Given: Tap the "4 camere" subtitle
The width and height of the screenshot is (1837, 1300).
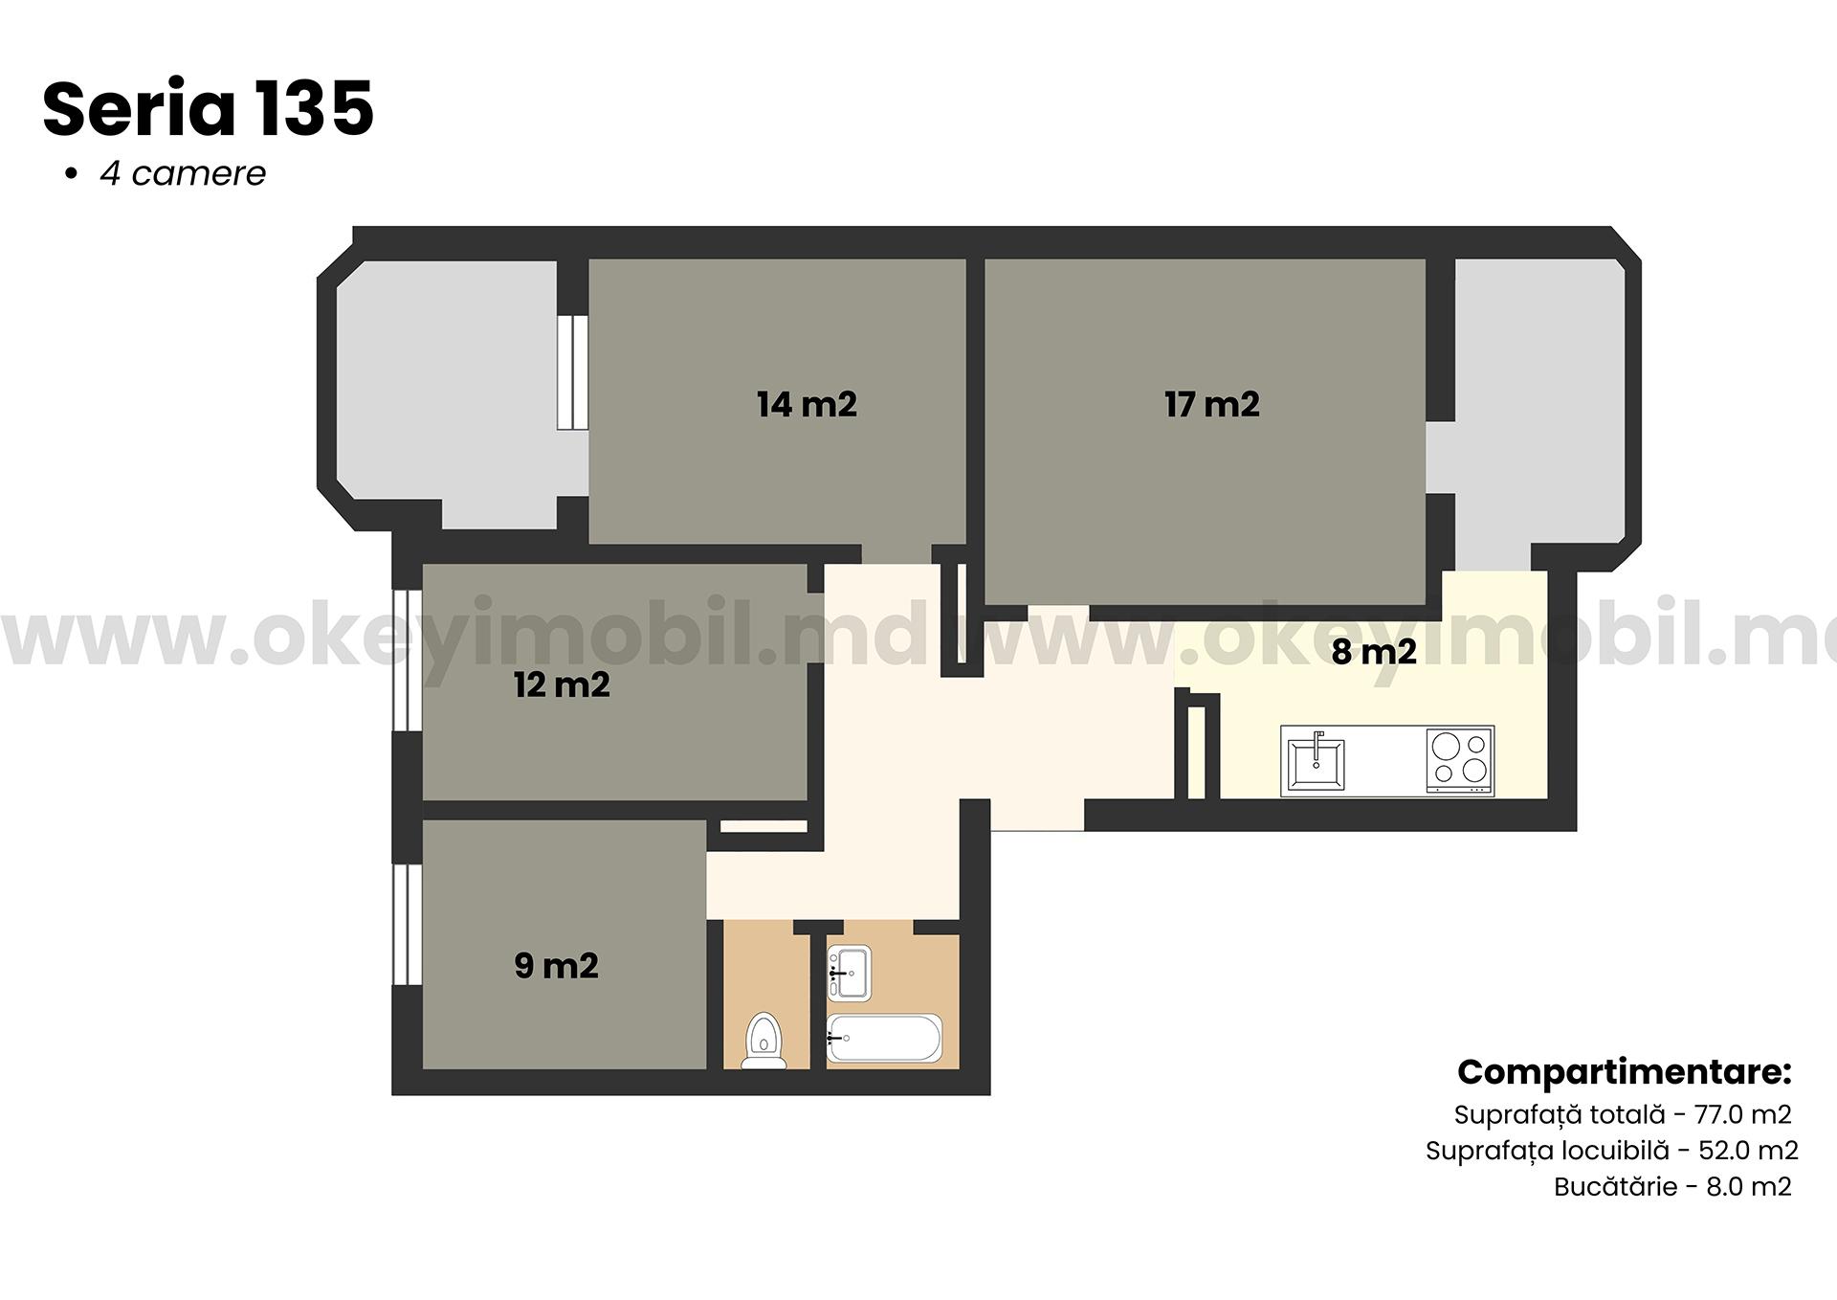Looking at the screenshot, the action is pyautogui.click(x=183, y=173).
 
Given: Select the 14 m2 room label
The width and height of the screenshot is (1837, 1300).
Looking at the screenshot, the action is pyautogui.click(x=807, y=404).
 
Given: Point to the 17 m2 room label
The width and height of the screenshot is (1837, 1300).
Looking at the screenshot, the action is pyautogui.click(x=1211, y=404).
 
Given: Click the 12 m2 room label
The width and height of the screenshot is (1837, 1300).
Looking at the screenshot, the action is pyautogui.click(x=562, y=684).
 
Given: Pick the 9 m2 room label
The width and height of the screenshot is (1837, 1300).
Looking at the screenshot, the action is pyautogui.click(x=556, y=965).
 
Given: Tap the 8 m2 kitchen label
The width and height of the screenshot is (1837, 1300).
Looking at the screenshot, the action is pyautogui.click(x=1374, y=652).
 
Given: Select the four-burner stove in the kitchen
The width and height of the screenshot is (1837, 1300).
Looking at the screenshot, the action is pyautogui.click(x=1459, y=761).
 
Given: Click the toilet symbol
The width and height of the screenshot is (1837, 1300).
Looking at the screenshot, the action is pyautogui.click(x=764, y=1041).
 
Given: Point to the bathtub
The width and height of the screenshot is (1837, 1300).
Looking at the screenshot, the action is pyautogui.click(x=885, y=1038).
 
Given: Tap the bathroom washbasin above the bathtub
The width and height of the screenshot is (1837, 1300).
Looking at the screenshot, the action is pyautogui.click(x=849, y=974).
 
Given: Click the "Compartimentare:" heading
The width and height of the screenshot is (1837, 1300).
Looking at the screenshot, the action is pyautogui.click(x=1624, y=1072).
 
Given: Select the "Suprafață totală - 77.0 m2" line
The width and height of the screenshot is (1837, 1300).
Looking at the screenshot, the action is pyautogui.click(x=1623, y=1114).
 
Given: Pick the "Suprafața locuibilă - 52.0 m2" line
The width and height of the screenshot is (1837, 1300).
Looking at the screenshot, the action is pyautogui.click(x=1612, y=1151).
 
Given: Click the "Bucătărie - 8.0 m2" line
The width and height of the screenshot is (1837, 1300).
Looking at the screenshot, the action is pyautogui.click(x=1672, y=1187).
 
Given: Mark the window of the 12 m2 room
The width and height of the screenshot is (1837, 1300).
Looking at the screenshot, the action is pyautogui.click(x=408, y=661).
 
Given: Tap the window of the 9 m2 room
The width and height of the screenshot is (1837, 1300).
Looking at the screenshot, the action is pyautogui.click(x=408, y=925).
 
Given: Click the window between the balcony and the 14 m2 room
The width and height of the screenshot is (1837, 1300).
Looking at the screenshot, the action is pyautogui.click(x=572, y=371).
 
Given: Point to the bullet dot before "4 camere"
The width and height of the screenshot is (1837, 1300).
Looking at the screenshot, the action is pyautogui.click(x=70, y=174).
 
